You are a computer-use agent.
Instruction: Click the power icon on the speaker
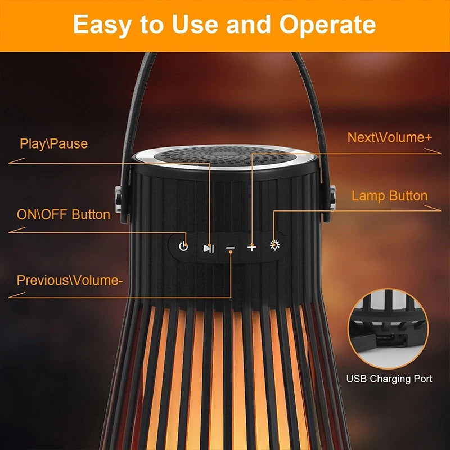click(x=183, y=246)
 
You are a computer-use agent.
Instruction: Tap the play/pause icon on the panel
click(x=208, y=247)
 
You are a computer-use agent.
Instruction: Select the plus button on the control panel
click(x=251, y=247)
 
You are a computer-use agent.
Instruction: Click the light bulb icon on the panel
click(x=274, y=245)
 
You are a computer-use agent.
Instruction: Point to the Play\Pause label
click(x=54, y=143)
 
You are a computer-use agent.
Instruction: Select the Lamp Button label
click(x=389, y=196)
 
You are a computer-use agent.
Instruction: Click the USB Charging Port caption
click(x=389, y=379)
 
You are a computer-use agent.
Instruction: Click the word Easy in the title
click(x=103, y=25)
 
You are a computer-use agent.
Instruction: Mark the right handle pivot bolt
click(x=332, y=199)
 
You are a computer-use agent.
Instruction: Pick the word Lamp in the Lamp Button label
click(x=368, y=196)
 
